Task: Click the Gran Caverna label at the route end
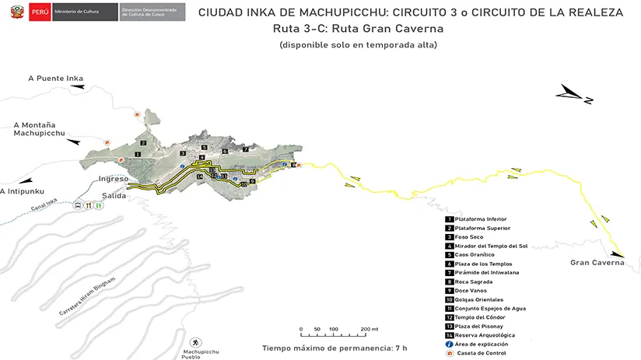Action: click(x=597, y=263)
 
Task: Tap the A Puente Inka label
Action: click(x=55, y=78)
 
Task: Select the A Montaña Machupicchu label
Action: click(x=40, y=129)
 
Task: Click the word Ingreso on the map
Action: click(x=114, y=179)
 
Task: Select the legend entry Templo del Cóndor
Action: click(x=480, y=317)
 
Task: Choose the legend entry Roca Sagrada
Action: click(x=474, y=281)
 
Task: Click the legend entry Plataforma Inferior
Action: click(x=480, y=219)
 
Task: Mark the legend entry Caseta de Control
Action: click(x=481, y=353)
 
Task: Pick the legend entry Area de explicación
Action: click(x=482, y=344)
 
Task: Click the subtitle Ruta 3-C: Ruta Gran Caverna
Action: click(x=358, y=29)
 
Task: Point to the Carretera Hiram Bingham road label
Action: click(x=87, y=295)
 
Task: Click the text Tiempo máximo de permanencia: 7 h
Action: click(x=335, y=348)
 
